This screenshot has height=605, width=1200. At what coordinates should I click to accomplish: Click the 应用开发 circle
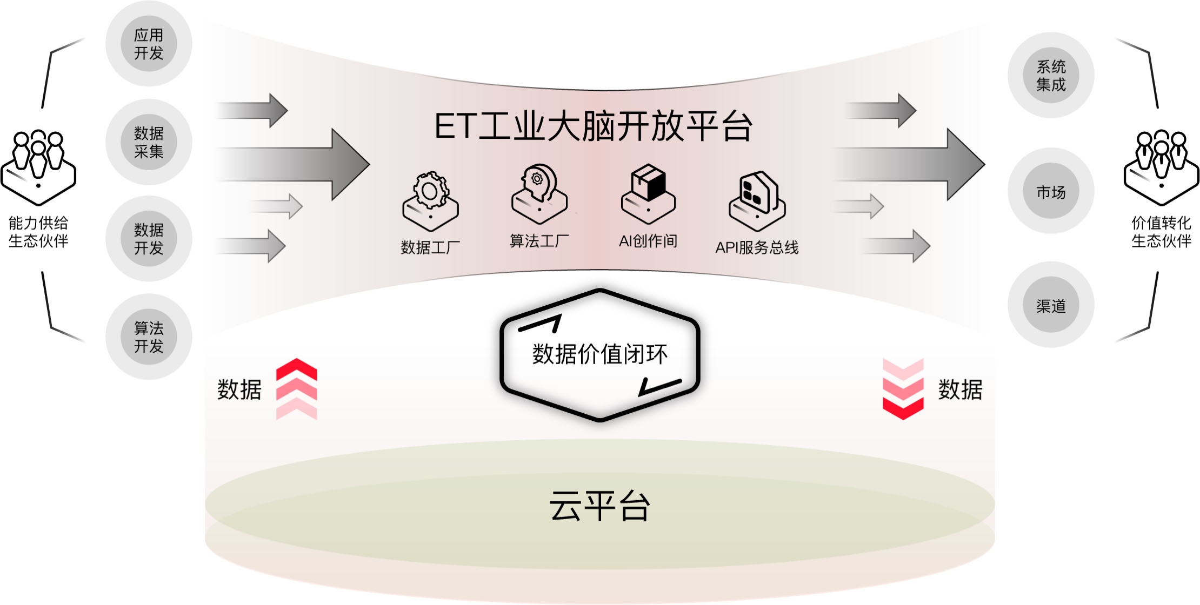click(149, 44)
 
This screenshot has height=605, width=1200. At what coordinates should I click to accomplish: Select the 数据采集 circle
click(149, 142)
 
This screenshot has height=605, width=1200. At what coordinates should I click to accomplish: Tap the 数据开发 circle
click(149, 239)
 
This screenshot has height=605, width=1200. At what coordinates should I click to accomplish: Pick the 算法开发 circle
click(149, 337)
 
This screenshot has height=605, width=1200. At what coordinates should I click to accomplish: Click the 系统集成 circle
click(1051, 75)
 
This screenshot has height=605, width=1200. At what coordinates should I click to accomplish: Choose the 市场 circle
click(1051, 191)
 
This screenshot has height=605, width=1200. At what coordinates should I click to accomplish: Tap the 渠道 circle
click(1051, 305)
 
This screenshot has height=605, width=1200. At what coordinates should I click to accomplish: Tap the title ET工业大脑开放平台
click(593, 126)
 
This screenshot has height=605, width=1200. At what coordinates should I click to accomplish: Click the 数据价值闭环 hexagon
click(600, 355)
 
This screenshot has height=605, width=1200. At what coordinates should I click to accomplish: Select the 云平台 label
click(599, 506)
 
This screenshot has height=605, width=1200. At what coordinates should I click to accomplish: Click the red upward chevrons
click(296, 389)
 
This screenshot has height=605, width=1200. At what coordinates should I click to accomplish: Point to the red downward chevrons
click(903, 389)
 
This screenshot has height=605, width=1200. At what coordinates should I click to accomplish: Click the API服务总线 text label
click(757, 247)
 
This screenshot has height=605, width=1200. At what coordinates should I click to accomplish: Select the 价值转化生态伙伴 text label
click(1161, 231)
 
